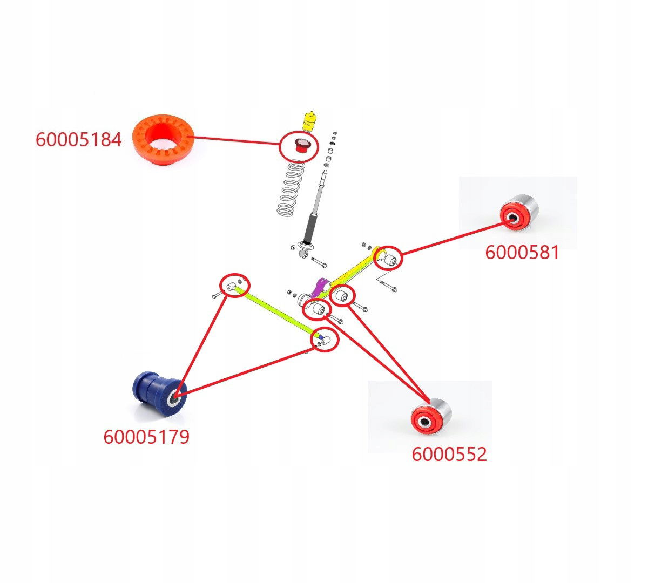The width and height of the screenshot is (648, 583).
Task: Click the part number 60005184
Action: (x=78, y=140)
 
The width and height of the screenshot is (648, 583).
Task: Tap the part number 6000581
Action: (x=522, y=253)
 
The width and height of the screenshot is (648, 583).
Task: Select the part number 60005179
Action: (x=146, y=437)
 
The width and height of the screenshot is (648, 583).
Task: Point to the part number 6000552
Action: (x=449, y=455)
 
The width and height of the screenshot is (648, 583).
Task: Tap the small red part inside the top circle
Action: (x=300, y=146)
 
